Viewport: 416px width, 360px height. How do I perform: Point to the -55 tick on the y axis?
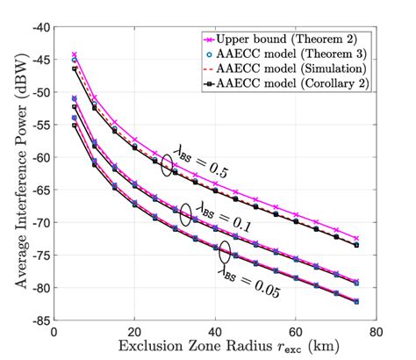(x=39, y=125)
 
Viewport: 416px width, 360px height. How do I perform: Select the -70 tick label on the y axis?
(x=39, y=222)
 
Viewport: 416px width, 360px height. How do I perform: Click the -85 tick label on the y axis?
(x=39, y=320)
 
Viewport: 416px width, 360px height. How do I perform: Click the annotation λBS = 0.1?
(x=222, y=217)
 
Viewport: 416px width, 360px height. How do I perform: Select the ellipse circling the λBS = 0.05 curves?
(x=225, y=253)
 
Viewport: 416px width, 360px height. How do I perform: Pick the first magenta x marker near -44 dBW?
(x=75, y=54)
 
